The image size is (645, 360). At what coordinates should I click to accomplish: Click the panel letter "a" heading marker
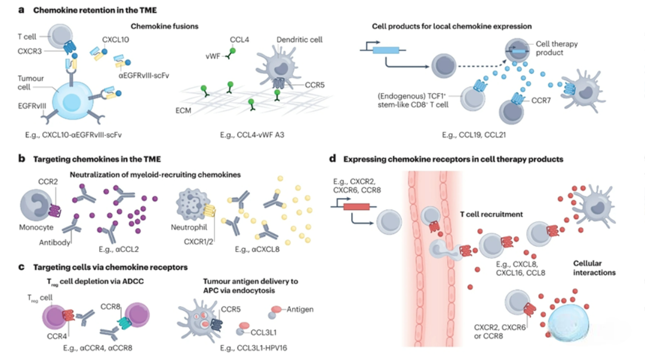pos(21,10)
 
